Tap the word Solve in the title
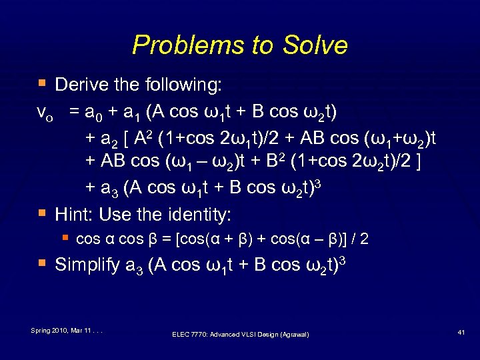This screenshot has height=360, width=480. point(319,45)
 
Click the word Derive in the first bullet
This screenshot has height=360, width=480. point(83,85)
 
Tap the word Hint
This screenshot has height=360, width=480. point(72,214)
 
